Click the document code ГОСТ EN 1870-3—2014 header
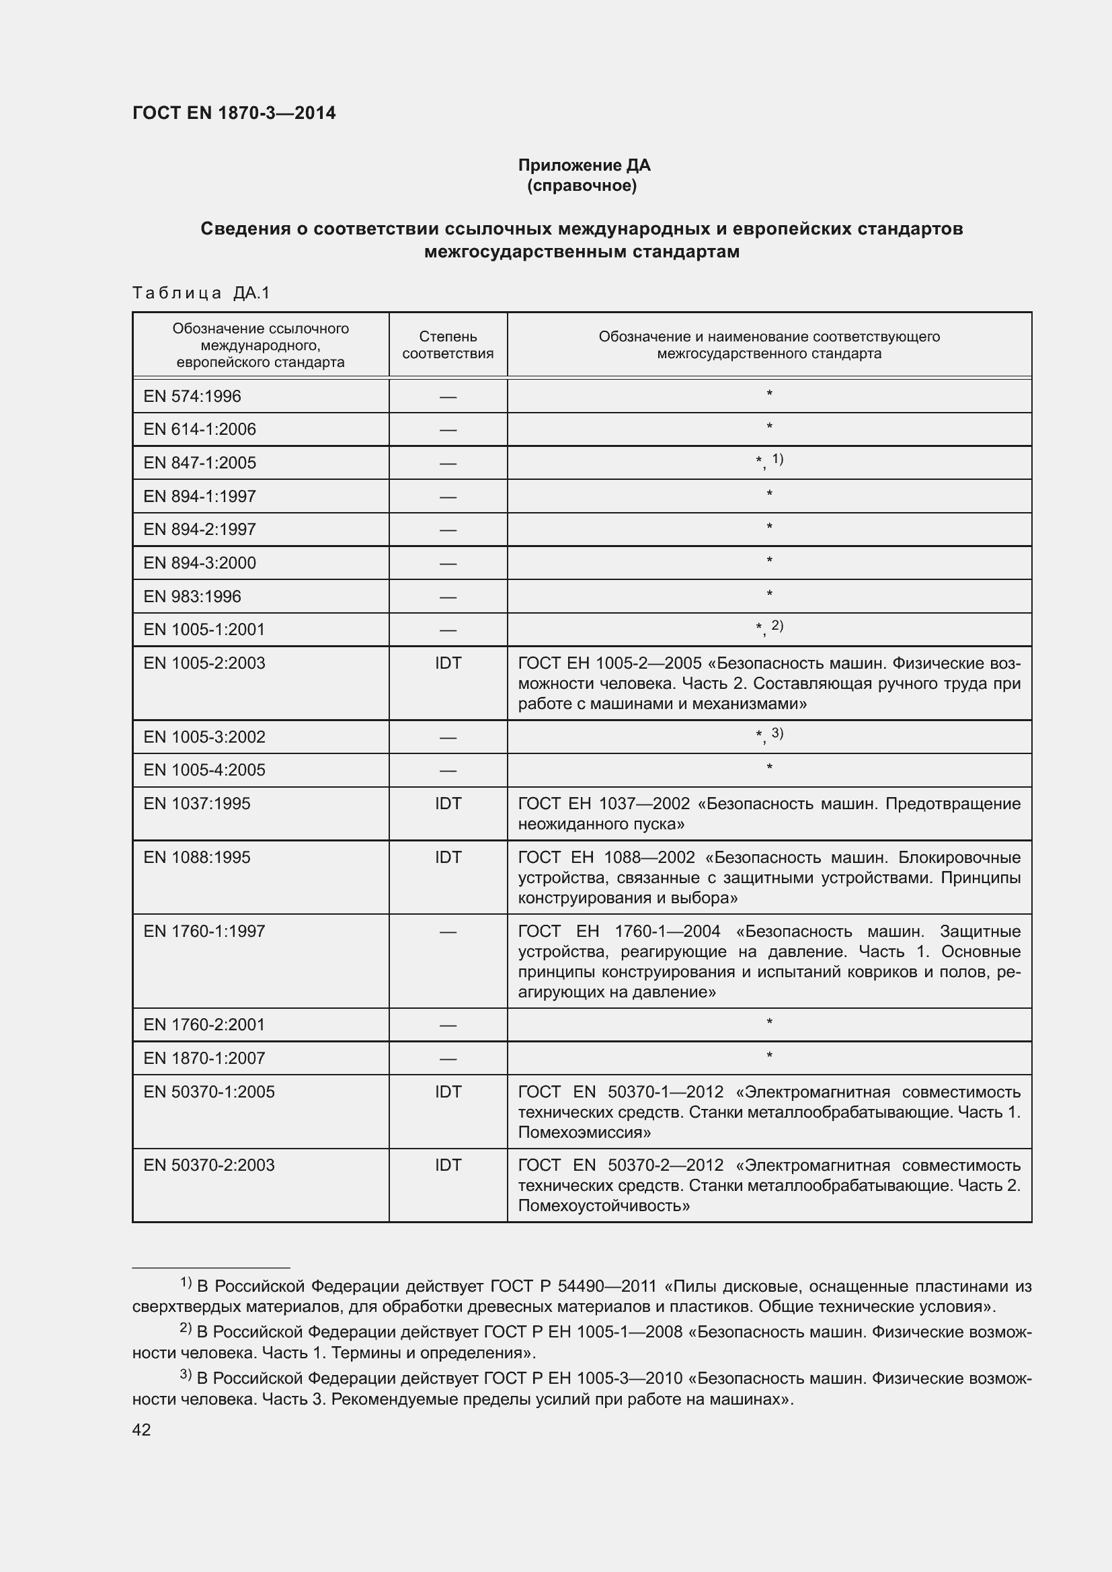(233, 113)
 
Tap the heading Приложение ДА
(584, 165)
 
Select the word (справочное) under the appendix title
(582, 185)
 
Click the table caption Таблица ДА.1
(201, 293)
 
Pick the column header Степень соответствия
(447, 344)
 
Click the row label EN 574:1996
(192, 396)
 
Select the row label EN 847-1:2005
(199, 463)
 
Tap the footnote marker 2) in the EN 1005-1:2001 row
(777, 625)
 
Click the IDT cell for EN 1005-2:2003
(448, 663)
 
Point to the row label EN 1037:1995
(196, 803)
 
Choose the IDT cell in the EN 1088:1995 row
(448, 857)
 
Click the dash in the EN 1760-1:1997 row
(448, 932)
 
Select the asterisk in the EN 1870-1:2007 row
(769, 1057)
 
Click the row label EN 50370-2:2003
(209, 1165)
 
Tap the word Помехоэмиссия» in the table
(584, 1132)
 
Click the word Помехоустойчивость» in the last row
(603, 1206)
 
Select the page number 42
(141, 1430)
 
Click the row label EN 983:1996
(192, 596)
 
